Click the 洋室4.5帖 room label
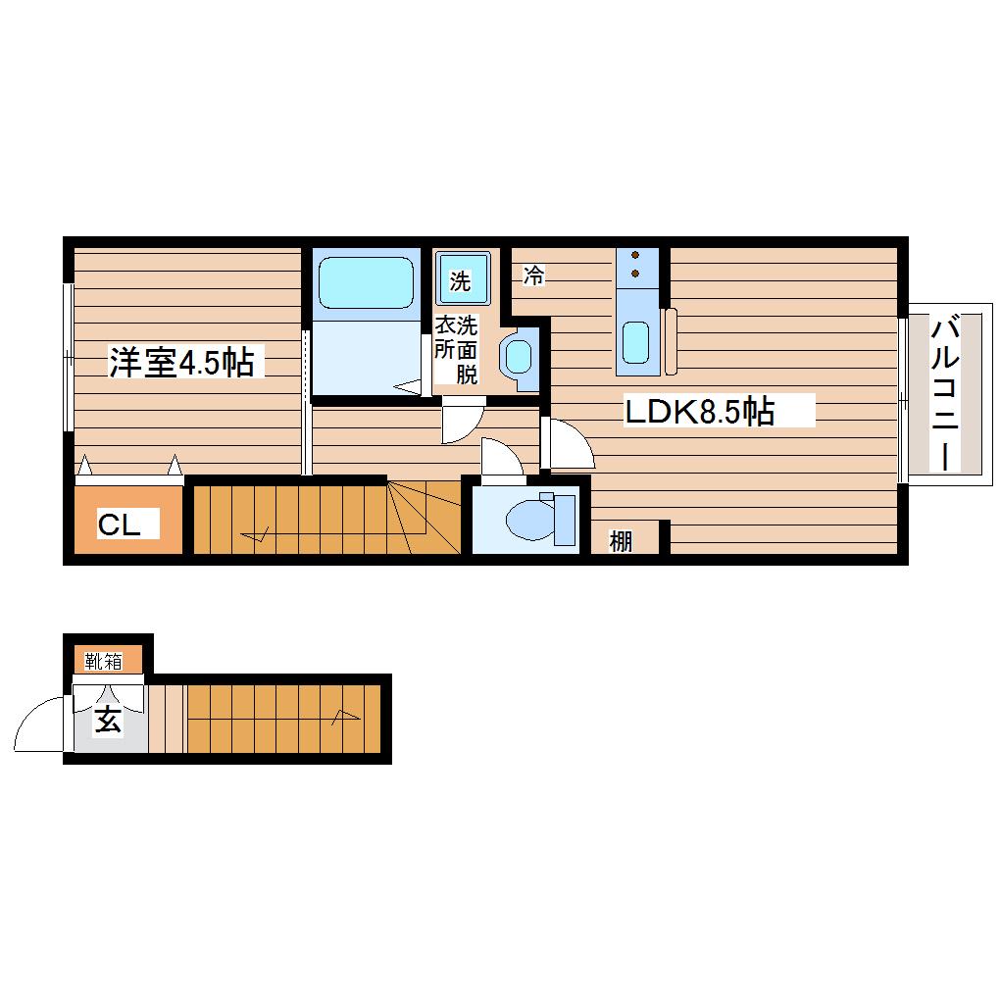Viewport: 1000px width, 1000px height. click(181, 362)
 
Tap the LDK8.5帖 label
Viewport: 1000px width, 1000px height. click(700, 412)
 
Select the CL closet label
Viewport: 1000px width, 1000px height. click(120, 525)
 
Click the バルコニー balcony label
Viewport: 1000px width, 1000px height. click(945, 394)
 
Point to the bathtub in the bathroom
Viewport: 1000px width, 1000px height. click(366, 282)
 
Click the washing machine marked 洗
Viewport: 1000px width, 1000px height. click(463, 278)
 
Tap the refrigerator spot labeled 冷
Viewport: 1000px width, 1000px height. click(533, 275)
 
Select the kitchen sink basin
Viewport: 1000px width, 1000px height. click(636, 342)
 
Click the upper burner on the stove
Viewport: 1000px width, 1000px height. click(635, 255)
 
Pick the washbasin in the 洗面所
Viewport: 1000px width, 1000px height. click(519, 357)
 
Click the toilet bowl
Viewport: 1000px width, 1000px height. click(529, 520)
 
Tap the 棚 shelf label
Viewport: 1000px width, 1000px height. click(621, 541)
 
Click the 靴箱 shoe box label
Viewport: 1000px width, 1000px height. click(103, 662)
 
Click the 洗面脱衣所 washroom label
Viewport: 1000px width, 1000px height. click(457, 349)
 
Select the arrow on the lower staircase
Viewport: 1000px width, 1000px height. click(346, 718)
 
